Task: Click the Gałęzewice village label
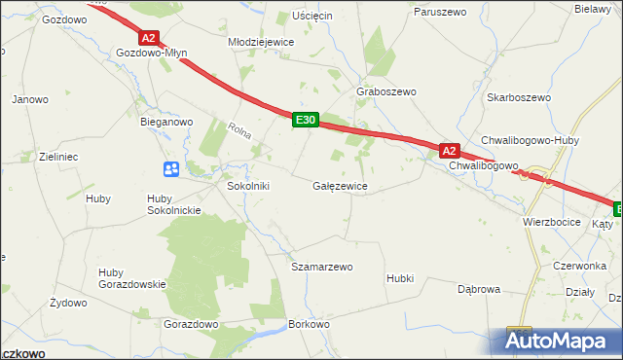tap(339, 185)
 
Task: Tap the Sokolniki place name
tap(247, 185)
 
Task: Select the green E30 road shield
tap(306, 120)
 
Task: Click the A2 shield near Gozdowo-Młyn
tap(147, 38)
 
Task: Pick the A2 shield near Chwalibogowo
tap(448, 151)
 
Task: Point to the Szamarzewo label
tap(322, 266)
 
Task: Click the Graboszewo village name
tap(386, 91)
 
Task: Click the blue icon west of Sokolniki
tap(171, 169)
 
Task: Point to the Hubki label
tap(400, 278)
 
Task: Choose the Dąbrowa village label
tap(479, 289)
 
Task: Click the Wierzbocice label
tap(551, 222)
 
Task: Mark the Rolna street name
tap(238, 128)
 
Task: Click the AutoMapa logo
tap(558, 341)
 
